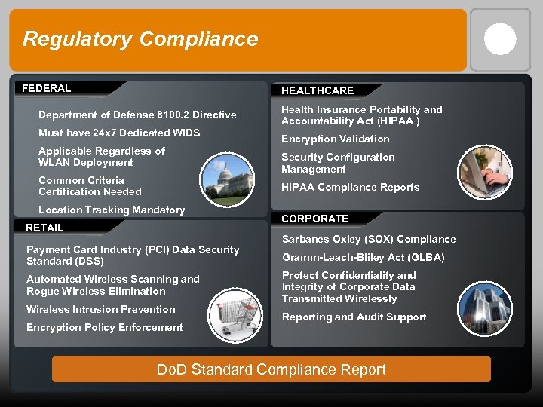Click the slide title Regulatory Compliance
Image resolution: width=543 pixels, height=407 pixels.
click(140, 39)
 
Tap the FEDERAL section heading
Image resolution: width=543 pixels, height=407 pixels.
click(47, 88)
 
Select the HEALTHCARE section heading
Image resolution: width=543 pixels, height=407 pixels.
click(318, 90)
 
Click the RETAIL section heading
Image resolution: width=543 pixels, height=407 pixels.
click(44, 228)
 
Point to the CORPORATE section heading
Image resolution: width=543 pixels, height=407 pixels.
click(315, 219)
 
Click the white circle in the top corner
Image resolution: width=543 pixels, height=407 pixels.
click(500, 39)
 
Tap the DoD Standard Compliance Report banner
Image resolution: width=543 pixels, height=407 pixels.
click(271, 369)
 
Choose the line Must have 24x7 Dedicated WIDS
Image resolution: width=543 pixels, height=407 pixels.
click(119, 133)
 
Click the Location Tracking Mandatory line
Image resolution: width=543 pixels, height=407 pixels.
click(112, 210)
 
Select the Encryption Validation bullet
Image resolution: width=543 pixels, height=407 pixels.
click(336, 139)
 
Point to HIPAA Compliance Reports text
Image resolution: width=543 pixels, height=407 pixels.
click(351, 187)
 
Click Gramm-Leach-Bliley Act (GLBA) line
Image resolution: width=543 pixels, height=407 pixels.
click(364, 257)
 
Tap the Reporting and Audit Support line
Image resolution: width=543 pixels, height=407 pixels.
click(354, 317)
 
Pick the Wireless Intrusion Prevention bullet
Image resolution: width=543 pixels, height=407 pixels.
click(101, 309)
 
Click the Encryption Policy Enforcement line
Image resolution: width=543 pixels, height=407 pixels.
click(105, 327)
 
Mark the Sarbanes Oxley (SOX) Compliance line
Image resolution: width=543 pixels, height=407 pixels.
click(369, 239)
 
